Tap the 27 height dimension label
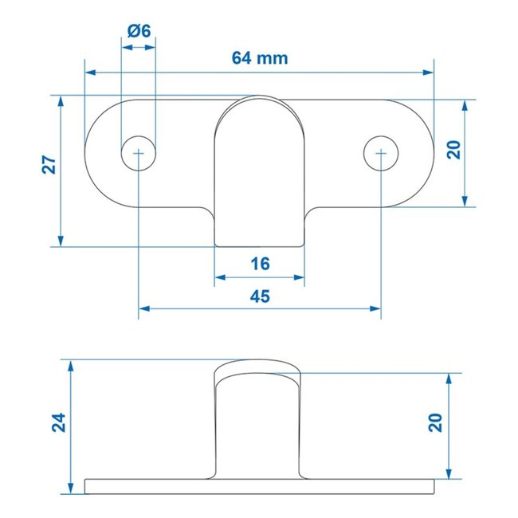click(49, 165)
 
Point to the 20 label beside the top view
click(453, 151)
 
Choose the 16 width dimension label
click(260, 264)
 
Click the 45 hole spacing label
click(260, 296)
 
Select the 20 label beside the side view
click(436, 422)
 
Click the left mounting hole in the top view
click(139, 151)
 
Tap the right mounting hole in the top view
click(381, 151)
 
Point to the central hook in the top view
click(260, 175)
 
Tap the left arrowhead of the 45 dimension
click(144, 308)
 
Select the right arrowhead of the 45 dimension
click(375, 308)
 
